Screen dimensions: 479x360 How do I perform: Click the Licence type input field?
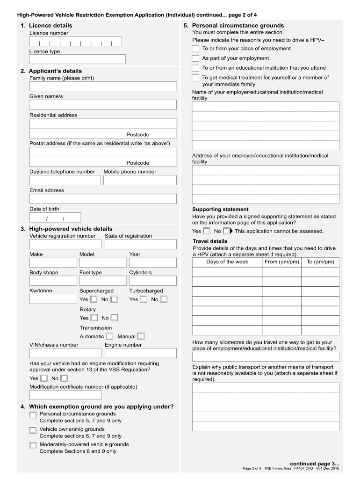(x=77, y=59)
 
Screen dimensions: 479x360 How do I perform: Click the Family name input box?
(x=103, y=87)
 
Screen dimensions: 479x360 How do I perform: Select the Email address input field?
(x=103, y=199)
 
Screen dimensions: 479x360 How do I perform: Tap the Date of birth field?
(x=55, y=218)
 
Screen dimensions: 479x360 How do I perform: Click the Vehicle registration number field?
(x=65, y=244)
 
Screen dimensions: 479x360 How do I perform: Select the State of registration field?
(x=140, y=244)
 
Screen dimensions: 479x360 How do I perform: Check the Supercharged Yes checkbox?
(x=94, y=299)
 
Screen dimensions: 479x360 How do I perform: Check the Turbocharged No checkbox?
(x=164, y=299)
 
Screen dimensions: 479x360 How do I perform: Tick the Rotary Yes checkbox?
(x=94, y=318)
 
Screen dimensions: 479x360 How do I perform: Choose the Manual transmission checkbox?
(x=141, y=336)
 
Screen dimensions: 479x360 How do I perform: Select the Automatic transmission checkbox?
(x=109, y=336)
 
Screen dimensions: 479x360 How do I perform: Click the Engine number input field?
(x=140, y=353)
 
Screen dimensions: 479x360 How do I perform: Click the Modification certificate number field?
(x=65, y=395)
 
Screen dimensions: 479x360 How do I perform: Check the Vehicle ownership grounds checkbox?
(x=33, y=430)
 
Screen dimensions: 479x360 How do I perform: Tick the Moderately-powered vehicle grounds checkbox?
(x=33, y=445)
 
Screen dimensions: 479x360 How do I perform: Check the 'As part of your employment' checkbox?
(x=195, y=58)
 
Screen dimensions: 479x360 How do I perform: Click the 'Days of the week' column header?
(x=227, y=262)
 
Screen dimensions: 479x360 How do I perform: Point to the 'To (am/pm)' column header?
(x=320, y=262)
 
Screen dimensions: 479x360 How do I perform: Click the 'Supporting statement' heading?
(x=220, y=209)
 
